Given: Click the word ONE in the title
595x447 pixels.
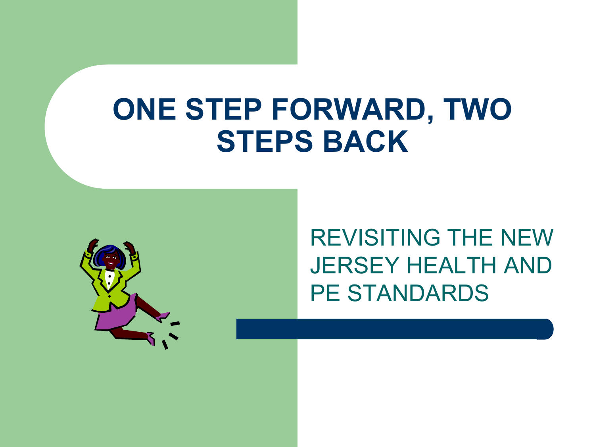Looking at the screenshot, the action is point(144,109).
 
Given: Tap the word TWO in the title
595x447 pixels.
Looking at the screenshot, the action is point(477,109).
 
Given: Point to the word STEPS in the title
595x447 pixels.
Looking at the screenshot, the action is point(265,141).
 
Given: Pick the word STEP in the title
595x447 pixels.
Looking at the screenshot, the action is point(224,109).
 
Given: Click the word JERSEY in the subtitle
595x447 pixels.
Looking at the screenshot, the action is point(355,265).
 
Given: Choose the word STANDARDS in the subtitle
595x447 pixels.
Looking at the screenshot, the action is point(418,293).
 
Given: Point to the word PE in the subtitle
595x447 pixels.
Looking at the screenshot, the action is point(325,293).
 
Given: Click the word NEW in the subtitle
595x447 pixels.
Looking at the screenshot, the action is point(526,238).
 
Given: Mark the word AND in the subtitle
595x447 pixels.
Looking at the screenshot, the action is point(528,265).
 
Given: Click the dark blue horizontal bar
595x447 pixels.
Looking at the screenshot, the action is point(395,329).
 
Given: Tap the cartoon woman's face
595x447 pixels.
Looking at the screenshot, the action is point(111,260).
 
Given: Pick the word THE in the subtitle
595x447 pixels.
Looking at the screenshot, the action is point(470,238).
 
